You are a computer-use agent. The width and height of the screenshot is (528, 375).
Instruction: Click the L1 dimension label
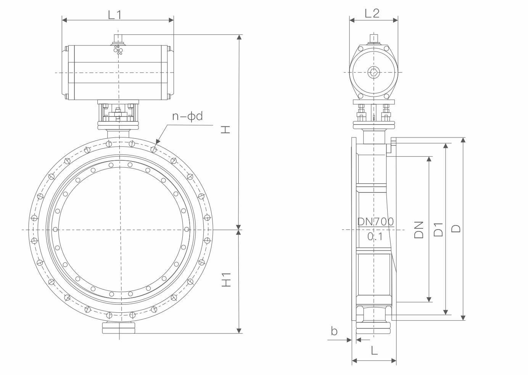(x=115, y=15)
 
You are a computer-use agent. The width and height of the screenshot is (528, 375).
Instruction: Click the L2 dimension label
(x=372, y=13)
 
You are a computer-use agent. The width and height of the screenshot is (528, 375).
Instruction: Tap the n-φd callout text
(x=187, y=116)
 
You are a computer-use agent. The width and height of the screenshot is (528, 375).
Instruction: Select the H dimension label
(x=225, y=130)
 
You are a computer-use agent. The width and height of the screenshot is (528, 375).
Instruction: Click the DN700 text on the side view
(x=375, y=221)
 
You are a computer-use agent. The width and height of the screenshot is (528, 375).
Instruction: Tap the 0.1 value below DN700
(x=375, y=236)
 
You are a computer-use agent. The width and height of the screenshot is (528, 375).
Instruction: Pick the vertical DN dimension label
(x=419, y=230)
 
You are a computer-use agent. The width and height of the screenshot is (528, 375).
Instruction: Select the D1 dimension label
(x=438, y=230)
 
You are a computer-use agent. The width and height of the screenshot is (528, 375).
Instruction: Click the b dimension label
(x=334, y=331)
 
